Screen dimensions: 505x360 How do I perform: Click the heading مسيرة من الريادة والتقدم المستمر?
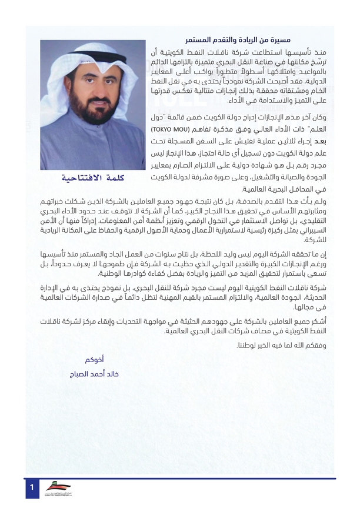[x=256, y=39]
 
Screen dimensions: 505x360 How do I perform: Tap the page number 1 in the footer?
[x=32, y=487]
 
